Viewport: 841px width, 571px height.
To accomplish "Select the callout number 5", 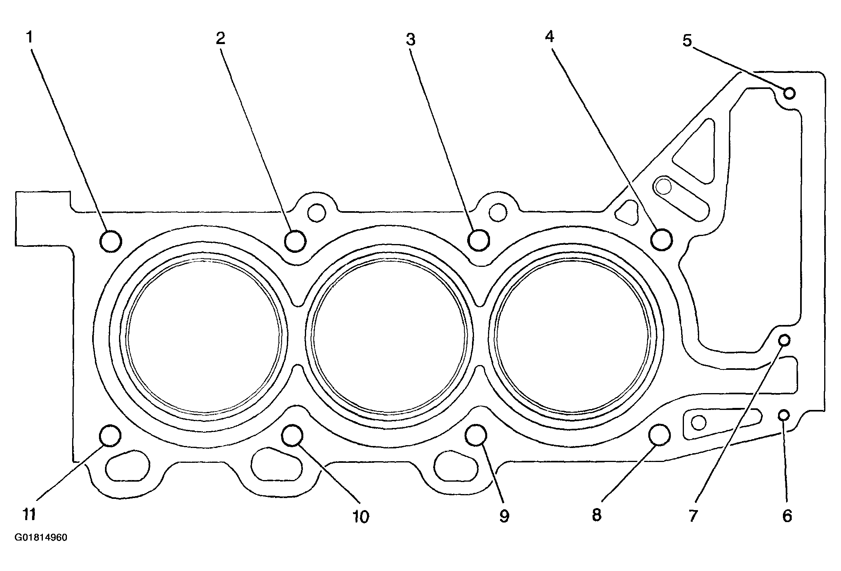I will (x=687, y=40).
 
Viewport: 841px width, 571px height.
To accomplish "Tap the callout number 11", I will (x=29, y=514).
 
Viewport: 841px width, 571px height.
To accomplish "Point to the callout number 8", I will (x=597, y=515).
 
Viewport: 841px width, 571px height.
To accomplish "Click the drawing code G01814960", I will (x=41, y=538).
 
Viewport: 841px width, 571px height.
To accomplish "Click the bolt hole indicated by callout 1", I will (x=110, y=241).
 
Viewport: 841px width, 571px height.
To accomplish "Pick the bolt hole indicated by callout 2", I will (x=295, y=241).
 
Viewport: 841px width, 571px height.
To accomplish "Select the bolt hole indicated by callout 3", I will (x=479, y=240).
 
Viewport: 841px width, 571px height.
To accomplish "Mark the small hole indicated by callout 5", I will (x=789, y=93).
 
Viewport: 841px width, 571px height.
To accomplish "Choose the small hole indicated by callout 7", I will (x=784, y=341).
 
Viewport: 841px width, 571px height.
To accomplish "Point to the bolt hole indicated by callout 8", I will (x=659, y=435).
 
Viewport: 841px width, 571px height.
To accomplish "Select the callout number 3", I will (x=411, y=40).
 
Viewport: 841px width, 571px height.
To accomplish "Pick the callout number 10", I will (x=361, y=517).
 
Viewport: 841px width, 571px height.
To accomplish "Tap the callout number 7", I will (x=693, y=516).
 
